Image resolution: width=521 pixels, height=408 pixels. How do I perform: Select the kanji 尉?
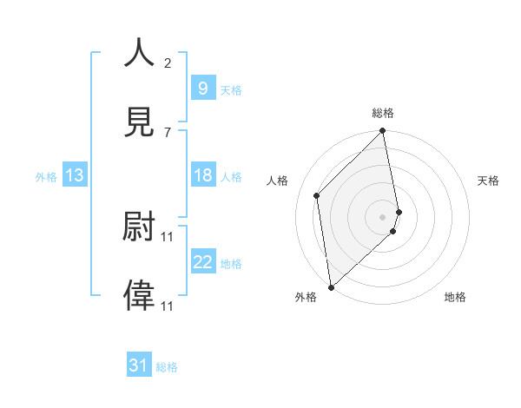[139, 227]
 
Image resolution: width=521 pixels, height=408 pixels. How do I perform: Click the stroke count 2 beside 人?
[168, 63]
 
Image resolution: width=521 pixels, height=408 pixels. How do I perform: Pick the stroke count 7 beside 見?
[168, 132]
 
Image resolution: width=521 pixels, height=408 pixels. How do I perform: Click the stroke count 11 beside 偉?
[168, 306]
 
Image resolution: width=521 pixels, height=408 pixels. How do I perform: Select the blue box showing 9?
[202, 88]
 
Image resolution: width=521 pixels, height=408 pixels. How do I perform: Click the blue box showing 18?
[202, 175]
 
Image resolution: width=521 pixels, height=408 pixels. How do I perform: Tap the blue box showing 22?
[202, 262]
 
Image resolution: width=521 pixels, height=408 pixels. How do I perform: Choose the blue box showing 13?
[75, 175]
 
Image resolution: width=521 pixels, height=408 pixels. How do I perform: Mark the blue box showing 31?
[139, 365]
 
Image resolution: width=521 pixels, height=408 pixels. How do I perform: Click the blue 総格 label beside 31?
[167, 367]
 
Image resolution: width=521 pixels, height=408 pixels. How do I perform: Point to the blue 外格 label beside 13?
[46, 177]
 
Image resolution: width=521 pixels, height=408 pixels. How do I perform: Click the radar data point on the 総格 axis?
[383, 132]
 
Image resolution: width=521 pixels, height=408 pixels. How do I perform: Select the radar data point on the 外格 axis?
[331, 286]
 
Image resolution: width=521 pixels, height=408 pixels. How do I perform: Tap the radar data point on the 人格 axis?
[317, 195]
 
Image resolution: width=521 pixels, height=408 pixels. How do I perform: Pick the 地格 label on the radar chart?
[455, 297]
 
